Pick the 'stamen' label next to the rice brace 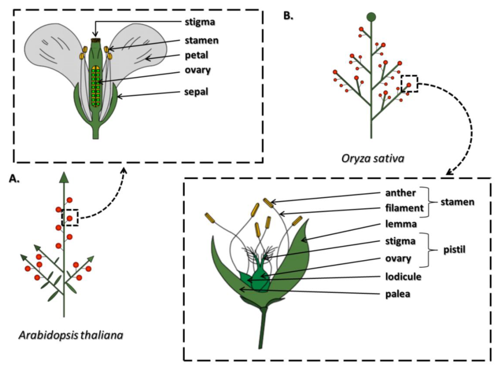coord(458,202)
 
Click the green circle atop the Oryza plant coord(371,17)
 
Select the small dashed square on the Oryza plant coord(409,84)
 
